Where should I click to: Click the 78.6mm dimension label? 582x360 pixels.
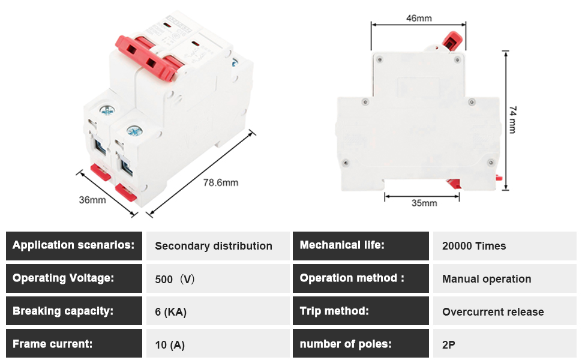[x=220, y=182]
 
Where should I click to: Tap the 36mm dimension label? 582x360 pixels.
[x=92, y=200]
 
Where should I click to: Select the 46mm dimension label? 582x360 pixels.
[x=419, y=18]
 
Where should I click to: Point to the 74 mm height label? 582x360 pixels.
[x=512, y=119]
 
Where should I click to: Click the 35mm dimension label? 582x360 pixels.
[x=424, y=203]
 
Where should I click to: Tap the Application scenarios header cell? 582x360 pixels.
[x=74, y=245]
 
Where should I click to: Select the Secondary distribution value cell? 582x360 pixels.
[x=218, y=245]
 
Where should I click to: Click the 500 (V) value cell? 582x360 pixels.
[x=218, y=278]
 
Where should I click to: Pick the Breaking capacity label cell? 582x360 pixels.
[x=74, y=311]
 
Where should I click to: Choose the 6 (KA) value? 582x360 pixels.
[x=171, y=312]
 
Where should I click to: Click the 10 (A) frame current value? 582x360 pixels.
[x=170, y=345]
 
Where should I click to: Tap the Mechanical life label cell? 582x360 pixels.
[x=361, y=245]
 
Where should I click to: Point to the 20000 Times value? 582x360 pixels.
[x=474, y=246]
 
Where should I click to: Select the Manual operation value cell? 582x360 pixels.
[x=505, y=278]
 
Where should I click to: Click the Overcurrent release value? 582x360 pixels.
[x=493, y=312]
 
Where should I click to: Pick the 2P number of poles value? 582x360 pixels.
[x=448, y=345]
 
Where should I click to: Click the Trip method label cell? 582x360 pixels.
[x=361, y=311]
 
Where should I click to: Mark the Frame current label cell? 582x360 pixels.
[x=74, y=343]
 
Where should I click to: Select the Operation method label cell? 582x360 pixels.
[x=361, y=278]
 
